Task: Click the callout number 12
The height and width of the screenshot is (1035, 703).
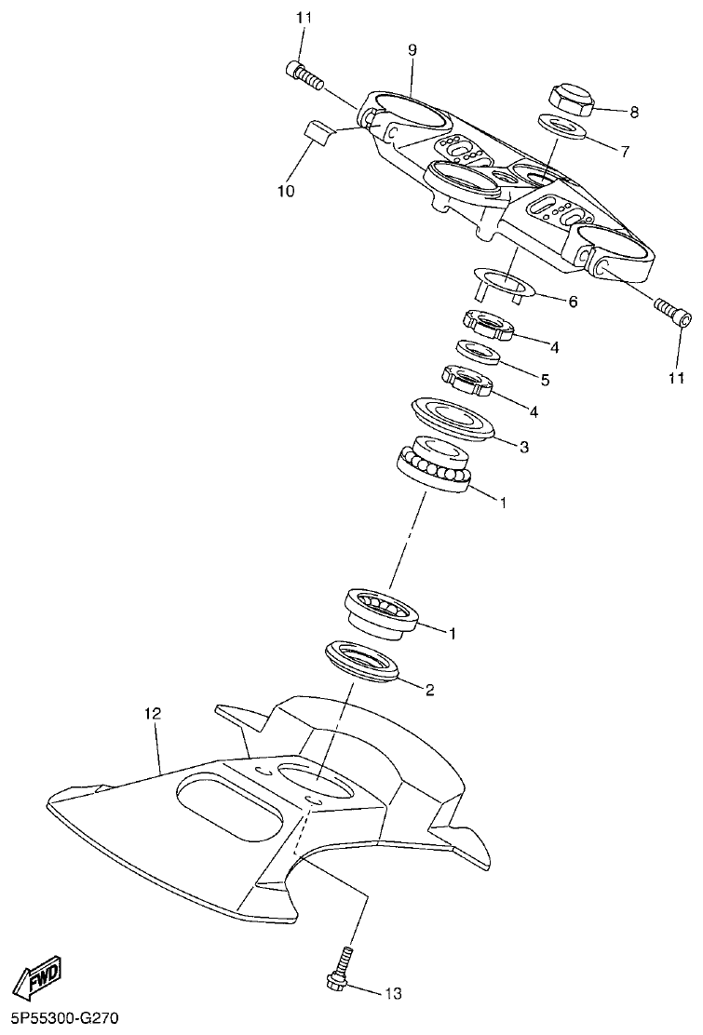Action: tap(153, 714)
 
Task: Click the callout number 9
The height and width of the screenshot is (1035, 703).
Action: tap(412, 50)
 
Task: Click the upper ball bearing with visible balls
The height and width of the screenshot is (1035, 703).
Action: tap(434, 464)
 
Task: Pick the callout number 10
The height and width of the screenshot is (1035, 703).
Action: tap(285, 191)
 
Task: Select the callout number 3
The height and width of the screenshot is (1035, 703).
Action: tap(524, 447)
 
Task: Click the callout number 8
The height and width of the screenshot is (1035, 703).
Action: tap(634, 113)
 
